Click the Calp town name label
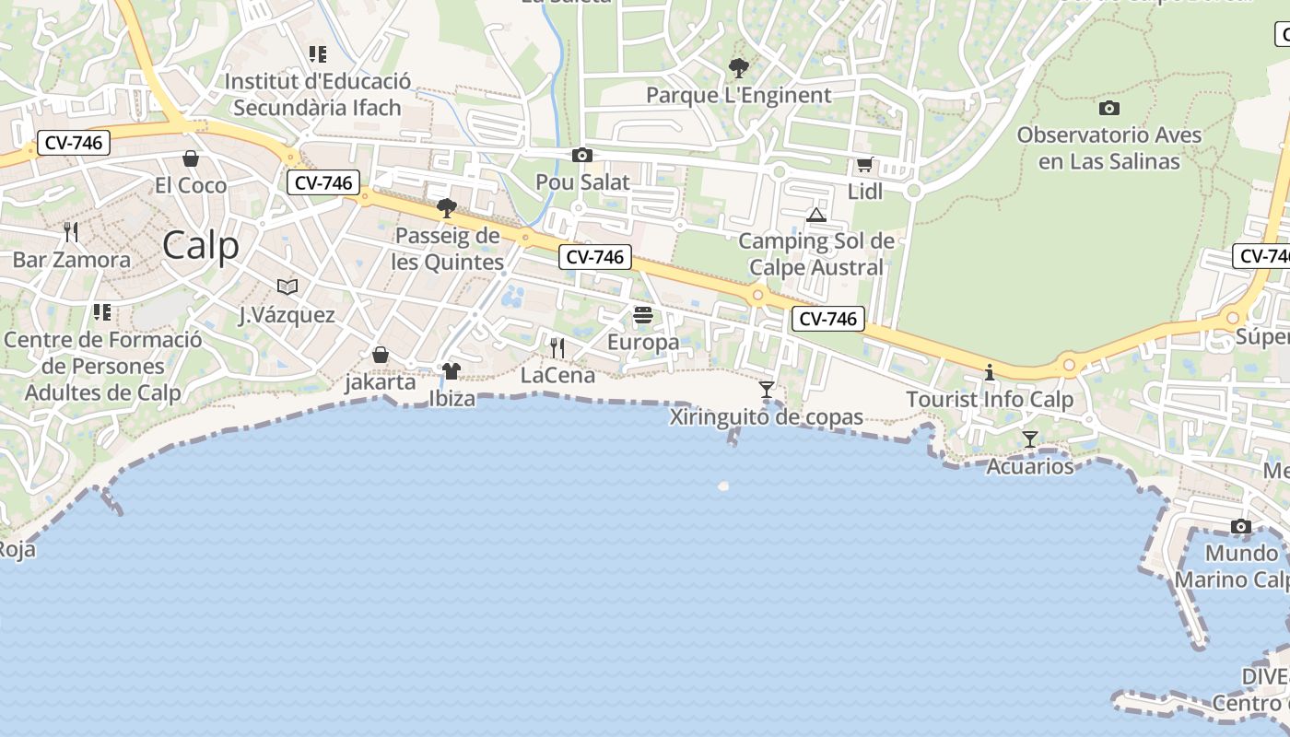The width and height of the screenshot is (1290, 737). coord(201,245)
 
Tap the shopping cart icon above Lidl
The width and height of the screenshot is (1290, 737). coord(864,165)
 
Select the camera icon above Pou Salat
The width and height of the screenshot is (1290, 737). coord(582,155)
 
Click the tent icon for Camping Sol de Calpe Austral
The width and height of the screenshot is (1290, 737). coord(815,216)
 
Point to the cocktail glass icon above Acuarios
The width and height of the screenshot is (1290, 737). coord(1030,439)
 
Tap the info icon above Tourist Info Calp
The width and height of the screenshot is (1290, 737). coord(990,372)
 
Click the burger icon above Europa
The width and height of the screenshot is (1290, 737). coord(643,315)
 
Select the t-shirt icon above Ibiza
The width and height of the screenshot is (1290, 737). coord(451,371)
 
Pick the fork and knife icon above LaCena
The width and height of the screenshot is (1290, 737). coord(557,347)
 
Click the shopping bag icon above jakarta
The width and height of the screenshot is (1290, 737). coord(381,354)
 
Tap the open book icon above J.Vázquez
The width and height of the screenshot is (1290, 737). coord(287,287)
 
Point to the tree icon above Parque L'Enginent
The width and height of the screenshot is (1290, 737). coord(738,67)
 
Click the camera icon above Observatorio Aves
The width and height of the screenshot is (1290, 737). coord(1109,108)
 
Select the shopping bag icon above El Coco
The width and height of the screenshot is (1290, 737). coord(191,158)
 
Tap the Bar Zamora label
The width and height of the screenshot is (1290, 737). coord(72,260)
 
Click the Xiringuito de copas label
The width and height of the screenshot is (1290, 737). coord(767,417)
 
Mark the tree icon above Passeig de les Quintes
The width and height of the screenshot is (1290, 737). coord(447,208)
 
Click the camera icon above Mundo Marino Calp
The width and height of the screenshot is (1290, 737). coord(1241,527)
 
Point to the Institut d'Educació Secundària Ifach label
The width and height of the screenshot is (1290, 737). coord(317,94)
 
